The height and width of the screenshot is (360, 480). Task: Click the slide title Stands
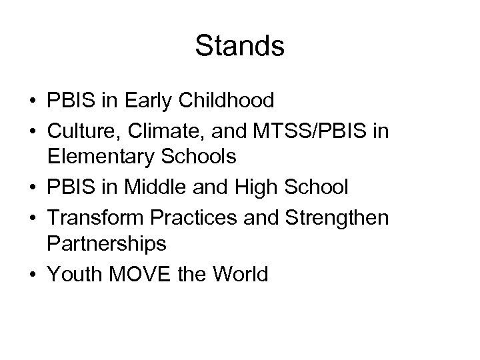(x=240, y=46)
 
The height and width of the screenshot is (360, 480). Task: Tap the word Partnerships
(x=107, y=245)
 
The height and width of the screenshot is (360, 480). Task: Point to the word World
(x=237, y=273)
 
